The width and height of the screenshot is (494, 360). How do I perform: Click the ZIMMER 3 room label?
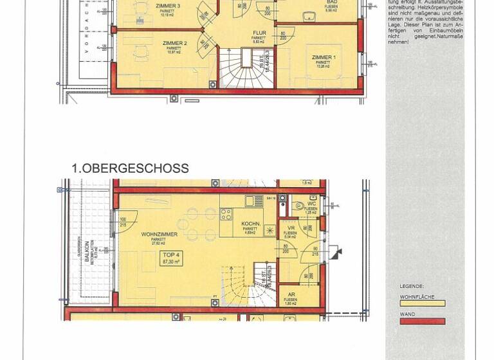pyautogui.click(x=167, y=6)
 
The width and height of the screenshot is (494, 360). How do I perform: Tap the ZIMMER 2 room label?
pyautogui.click(x=176, y=43)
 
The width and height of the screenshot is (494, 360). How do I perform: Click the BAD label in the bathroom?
pyautogui.click(x=331, y=3)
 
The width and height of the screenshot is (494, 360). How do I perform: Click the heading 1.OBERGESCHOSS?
pyautogui.click(x=130, y=168)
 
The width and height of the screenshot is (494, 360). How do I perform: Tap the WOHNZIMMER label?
pyautogui.click(x=159, y=235)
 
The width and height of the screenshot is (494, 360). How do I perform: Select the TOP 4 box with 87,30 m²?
pyautogui.click(x=170, y=258)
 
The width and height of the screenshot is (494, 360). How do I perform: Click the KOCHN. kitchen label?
pyautogui.click(x=250, y=224)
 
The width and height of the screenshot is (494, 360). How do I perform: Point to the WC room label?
pyautogui.click(x=311, y=204)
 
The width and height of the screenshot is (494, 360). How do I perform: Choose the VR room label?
pyautogui.click(x=291, y=228)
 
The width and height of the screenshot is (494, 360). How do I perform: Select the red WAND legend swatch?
pyautogui.click(x=422, y=321)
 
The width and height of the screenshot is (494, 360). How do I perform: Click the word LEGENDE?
pyautogui.click(x=412, y=286)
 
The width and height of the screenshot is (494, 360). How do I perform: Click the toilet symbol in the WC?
pyautogui.click(x=299, y=206)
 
